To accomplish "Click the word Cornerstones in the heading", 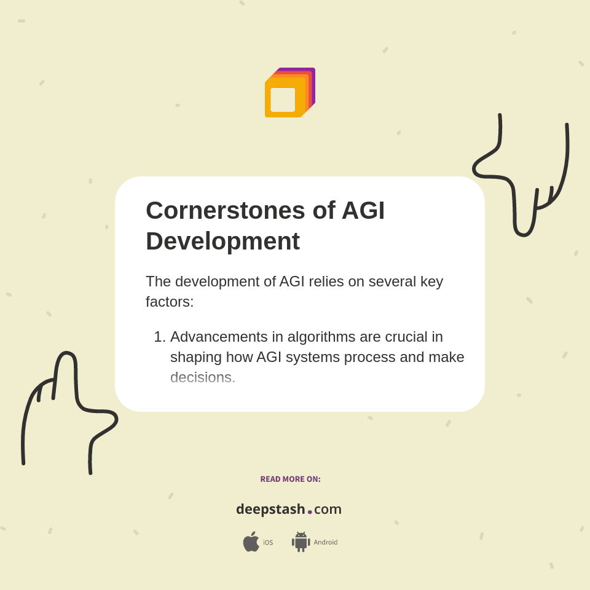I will click(x=225, y=210).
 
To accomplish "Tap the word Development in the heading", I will click(x=222, y=241).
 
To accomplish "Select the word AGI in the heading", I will click(x=363, y=210).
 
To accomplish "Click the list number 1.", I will click(x=159, y=337).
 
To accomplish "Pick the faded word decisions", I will click(x=203, y=377).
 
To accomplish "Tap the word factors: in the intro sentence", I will click(x=170, y=302).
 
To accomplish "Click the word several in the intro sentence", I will click(x=388, y=281).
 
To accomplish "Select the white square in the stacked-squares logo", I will click(x=283, y=100).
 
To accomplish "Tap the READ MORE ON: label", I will click(x=291, y=479).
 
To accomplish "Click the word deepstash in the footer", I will click(x=270, y=509).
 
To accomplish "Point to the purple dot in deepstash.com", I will click(x=310, y=511).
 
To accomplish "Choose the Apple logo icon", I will click(x=251, y=542).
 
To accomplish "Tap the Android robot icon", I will click(x=301, y=542).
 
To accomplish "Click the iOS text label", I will click(x=268, y=543).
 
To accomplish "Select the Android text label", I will click(x=326, y=543).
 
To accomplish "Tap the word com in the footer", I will click(x=328, y=509).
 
